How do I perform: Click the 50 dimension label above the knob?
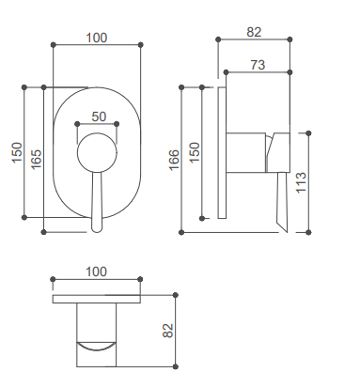pyautogui.click(x=99, y=116)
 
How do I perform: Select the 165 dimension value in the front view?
pyautogui.click(x=37, y=159)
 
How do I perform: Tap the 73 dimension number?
pyautogui.click(x=258, y=65)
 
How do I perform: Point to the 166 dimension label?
pyautogui.click(x=174, y=160)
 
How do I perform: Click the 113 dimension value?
pyautogui.click(x=301, y=182)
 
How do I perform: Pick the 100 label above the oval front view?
pyautogui.click(x=97, y=38)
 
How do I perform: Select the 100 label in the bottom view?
pyautogui.click(x=97, y=272)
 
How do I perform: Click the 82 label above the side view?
pyautogui.click(x=254, y=32)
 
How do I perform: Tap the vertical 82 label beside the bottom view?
pyautogui.click(x=168, y=331)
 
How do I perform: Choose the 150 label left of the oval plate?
pyautogui.click(x=18, y=152)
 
